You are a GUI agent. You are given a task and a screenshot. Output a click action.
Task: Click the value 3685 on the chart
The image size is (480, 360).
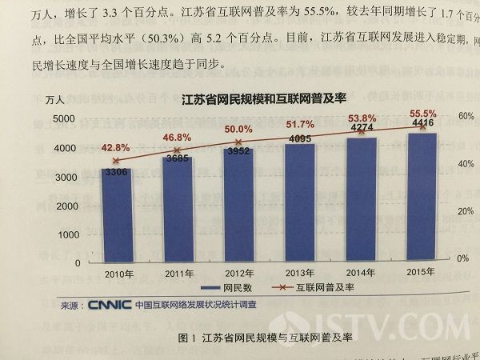(x=177, y=160)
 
